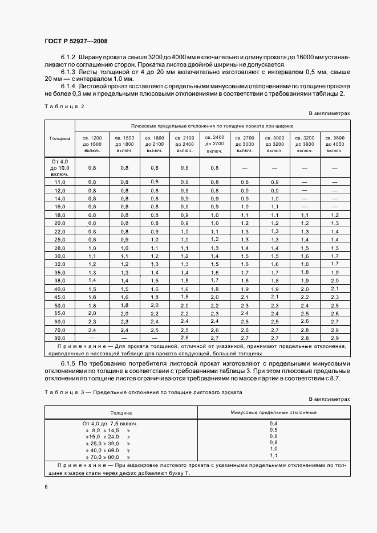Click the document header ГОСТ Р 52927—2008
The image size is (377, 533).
point(75,41)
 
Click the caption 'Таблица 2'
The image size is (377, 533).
point(64,106)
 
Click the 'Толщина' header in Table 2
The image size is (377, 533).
point(59,138)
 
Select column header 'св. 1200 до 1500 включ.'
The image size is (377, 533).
point(92,144)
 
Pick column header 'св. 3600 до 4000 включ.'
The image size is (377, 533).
point(335,144)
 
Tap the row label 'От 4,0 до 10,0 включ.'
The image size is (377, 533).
point(59,168)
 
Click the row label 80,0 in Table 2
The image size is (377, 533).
point(60,338)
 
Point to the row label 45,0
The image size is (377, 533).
point(60,297)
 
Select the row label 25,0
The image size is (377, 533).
point(60,240)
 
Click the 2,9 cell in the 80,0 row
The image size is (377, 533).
point(335,338)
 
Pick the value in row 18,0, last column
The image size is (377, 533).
point(335,215)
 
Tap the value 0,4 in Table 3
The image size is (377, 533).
point(273,424)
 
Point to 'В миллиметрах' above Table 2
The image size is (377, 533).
point(329,114)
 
